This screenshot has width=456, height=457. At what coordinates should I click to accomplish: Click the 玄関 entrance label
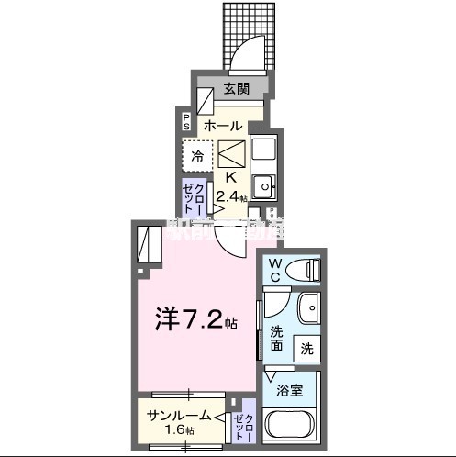pos(236,89)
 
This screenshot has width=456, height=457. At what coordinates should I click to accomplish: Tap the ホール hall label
pos(223,125)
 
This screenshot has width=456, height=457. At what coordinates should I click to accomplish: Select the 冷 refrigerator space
pos(197,156)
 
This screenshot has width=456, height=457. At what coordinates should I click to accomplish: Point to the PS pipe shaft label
pos(186,120)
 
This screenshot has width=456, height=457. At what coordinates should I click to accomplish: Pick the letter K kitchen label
pos(231,177)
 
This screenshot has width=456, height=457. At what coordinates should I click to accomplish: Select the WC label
pos(274,268)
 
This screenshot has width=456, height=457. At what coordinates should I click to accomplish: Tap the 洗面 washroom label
pos(276,340)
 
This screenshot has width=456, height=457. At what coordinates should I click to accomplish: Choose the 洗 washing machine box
pos(307,349)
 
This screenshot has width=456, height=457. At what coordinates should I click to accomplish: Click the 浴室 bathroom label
pos(290,390)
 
